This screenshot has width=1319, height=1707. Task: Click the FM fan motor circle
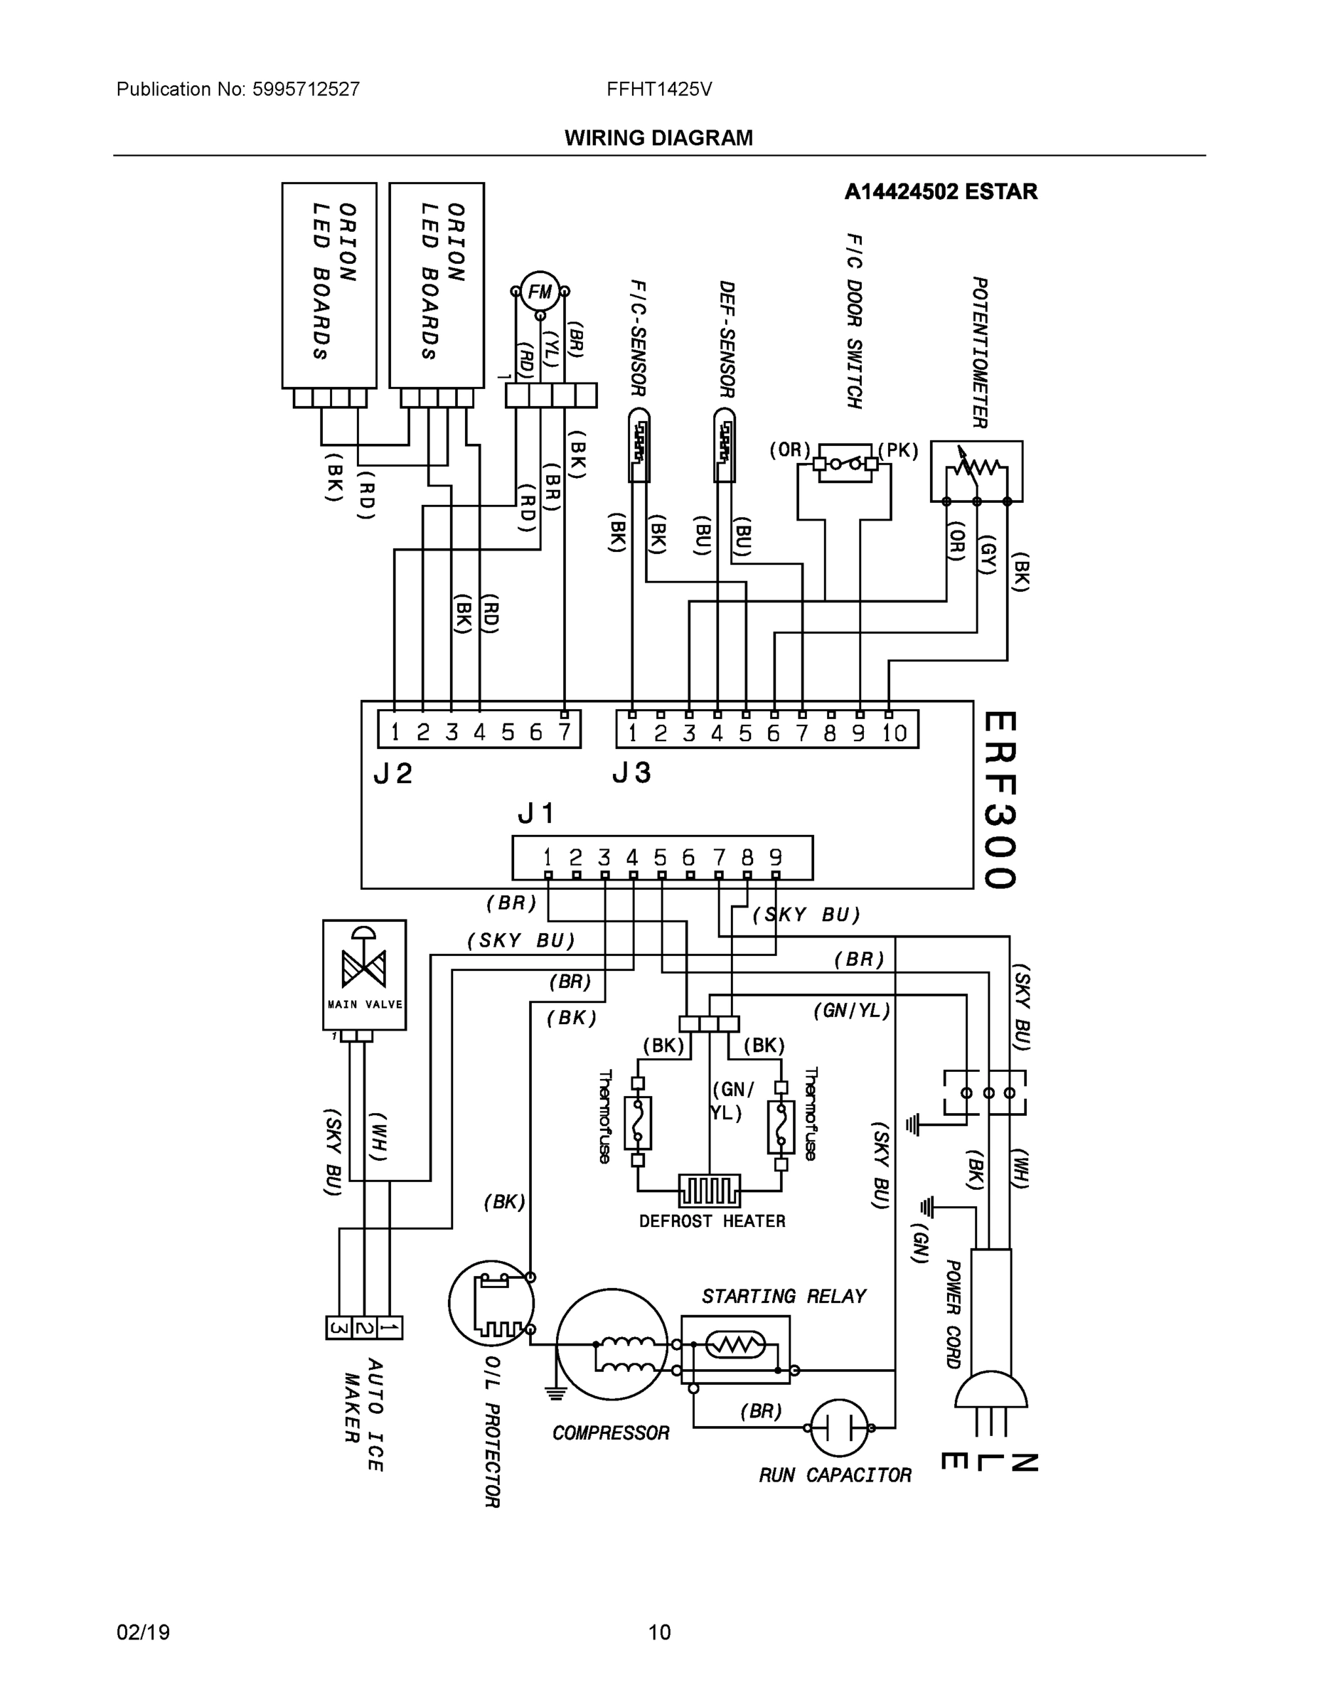tap(540, 292)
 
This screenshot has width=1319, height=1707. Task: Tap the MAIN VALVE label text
tap(364, 1004)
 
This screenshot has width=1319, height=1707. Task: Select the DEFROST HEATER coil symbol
tap(710, 1191)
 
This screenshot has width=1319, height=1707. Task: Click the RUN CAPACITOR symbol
tap(839, 1428)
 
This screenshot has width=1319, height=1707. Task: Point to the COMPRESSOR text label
tap(610, 1432)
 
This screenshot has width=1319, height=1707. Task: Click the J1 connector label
tap(535, 814)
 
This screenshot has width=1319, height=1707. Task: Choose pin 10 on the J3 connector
tap(894, 733)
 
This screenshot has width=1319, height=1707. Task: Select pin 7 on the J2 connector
tap(564, 733)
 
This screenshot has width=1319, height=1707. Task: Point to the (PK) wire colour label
tap(898, 451)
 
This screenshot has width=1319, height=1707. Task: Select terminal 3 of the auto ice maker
tap(338, 1328)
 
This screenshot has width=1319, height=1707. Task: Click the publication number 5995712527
tap(306, 89)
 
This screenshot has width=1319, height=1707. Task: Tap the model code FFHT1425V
tap(658, 89)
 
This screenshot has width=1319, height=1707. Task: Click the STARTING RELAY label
tap(783, 1297)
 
